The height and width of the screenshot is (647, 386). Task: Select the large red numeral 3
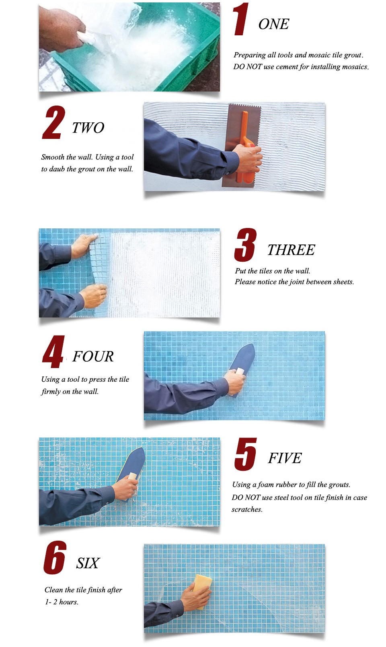click(x=245, y=244)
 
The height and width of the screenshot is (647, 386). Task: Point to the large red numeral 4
click(x=53, y=352)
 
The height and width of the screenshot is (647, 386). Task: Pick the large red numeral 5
click(x=245, y=454)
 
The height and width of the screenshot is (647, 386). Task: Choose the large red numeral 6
click(x=55, y=557)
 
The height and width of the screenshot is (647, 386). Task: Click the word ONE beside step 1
click(x=274, y=24)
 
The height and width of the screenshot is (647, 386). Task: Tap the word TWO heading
click(x=88, y=128)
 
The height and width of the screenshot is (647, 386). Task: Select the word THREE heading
click(x=291, y=250)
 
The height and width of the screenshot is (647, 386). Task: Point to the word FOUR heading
click(x=93, y=356)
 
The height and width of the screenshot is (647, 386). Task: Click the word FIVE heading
click(x=285, y=458)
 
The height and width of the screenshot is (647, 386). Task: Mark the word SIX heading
click(x=88, y=563)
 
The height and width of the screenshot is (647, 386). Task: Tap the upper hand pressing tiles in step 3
click(x=84, y=246)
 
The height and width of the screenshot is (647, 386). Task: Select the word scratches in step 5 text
click(x=247, y=509)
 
